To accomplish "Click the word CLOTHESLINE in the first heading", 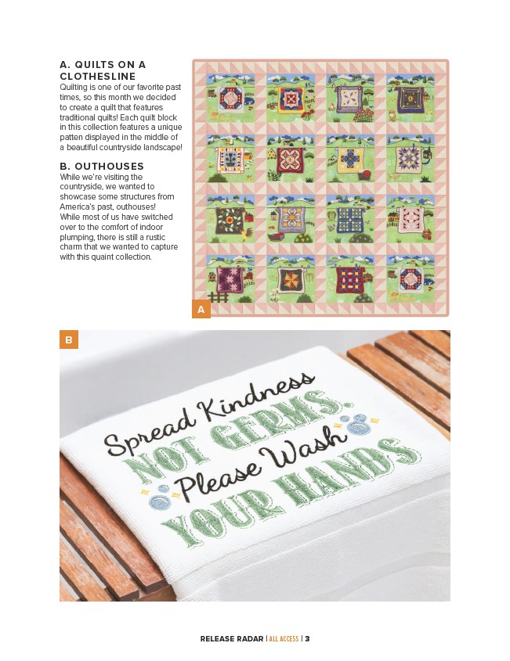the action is (x=97, y=77).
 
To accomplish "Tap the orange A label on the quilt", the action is (x=201, y=309).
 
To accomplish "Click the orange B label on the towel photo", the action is (x=69, y=339).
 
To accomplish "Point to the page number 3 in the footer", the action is (x=307, y=638).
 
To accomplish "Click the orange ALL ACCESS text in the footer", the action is (x=284, y=638).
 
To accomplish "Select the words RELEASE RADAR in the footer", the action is (x=232, y=638).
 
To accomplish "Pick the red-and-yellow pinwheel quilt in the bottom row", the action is (x=291, y=280).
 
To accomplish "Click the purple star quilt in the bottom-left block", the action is (x=230, y=279).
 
